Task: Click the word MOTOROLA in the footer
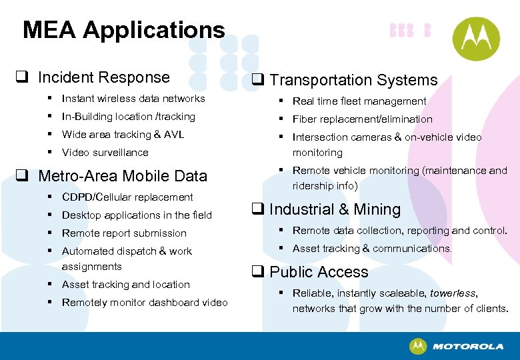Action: click(x=467, y=347)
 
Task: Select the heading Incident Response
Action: click(x=103, y=77)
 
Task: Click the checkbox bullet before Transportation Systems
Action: click(x=258, y=81)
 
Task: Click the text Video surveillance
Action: click(x=105, y=153)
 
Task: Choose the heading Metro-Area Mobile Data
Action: click(x=123, y=176)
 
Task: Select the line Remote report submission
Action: click(x=124, y=233)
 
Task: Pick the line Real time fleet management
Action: click(x=359, y=101)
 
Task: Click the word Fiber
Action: click(x=305, y=119)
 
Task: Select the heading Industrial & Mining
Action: click(x=335, y=209)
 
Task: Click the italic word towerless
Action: click(x=453, y=293)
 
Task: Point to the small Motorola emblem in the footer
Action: click(x=418, y=346)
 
